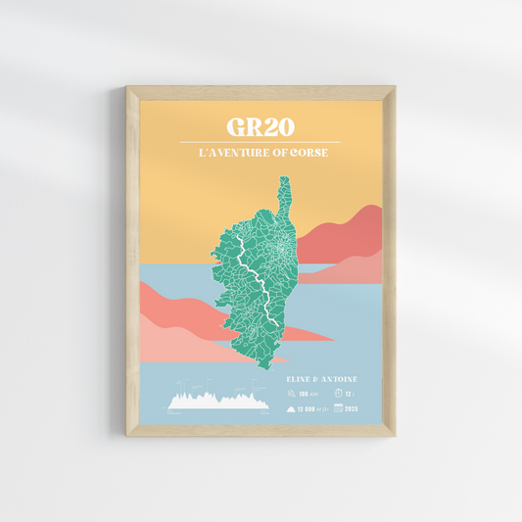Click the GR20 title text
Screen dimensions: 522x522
pos(261,127)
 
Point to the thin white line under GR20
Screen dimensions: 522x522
pos(261,143)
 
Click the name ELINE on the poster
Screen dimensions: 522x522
pos(301,377)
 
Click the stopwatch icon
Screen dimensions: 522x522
pos(339,393)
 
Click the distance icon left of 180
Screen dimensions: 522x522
pos(292,394)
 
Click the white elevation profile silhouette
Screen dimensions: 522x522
pos(218,401)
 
